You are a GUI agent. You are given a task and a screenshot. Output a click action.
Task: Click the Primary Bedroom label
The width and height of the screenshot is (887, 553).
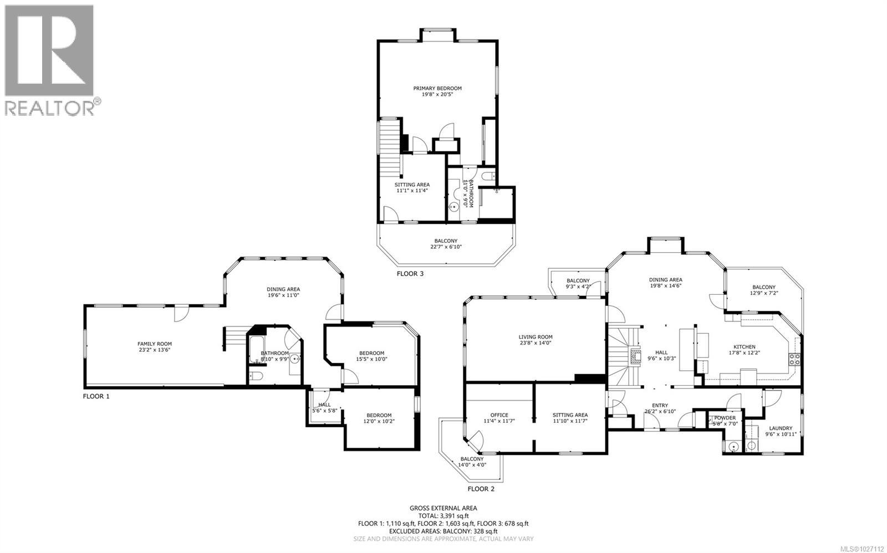point(437,88)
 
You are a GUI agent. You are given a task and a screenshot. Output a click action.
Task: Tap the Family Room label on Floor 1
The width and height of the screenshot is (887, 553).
point(155,344)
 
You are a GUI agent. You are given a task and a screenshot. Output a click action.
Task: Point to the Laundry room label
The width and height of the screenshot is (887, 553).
point(780,428)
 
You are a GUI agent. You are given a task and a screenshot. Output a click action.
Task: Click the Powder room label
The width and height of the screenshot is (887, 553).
point(725,418)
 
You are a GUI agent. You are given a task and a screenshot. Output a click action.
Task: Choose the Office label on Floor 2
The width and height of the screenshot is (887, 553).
point(499,415)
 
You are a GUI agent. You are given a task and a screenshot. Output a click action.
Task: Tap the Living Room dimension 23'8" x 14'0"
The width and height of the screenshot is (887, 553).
point(535,342)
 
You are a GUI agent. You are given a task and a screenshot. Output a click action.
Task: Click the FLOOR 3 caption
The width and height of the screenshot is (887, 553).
point(410,274)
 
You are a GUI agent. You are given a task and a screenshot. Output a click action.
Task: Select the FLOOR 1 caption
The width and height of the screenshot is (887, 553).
point(96,396)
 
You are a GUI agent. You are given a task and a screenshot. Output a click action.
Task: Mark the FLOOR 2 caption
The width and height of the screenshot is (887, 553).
point(481,489)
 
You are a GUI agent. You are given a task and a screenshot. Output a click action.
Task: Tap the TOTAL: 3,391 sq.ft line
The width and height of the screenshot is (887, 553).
point(443,515)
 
